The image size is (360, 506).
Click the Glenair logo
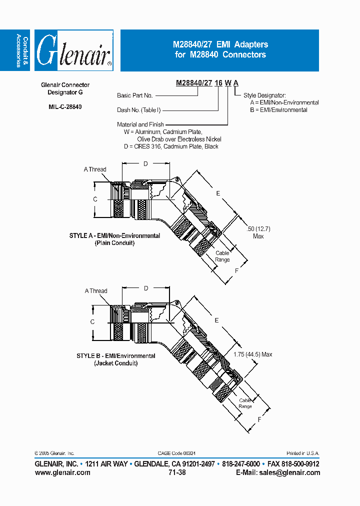(74, 51)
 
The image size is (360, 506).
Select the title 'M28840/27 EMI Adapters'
(220, 44)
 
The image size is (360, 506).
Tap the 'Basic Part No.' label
(135, 95)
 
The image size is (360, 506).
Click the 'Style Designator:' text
(264, 95)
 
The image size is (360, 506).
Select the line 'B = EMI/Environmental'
(278, 110)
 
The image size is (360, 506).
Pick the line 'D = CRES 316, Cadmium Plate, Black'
(171, 146)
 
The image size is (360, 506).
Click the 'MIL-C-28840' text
(65, 106)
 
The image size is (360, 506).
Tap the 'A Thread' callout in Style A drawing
(95, 169)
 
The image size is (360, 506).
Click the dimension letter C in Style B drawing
(92, 322)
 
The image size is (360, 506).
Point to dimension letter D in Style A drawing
(146, 164)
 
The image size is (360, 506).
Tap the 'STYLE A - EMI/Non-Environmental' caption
(114, 235)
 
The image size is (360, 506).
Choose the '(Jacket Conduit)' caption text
(115, 363)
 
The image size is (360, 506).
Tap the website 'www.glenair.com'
(62, 472)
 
